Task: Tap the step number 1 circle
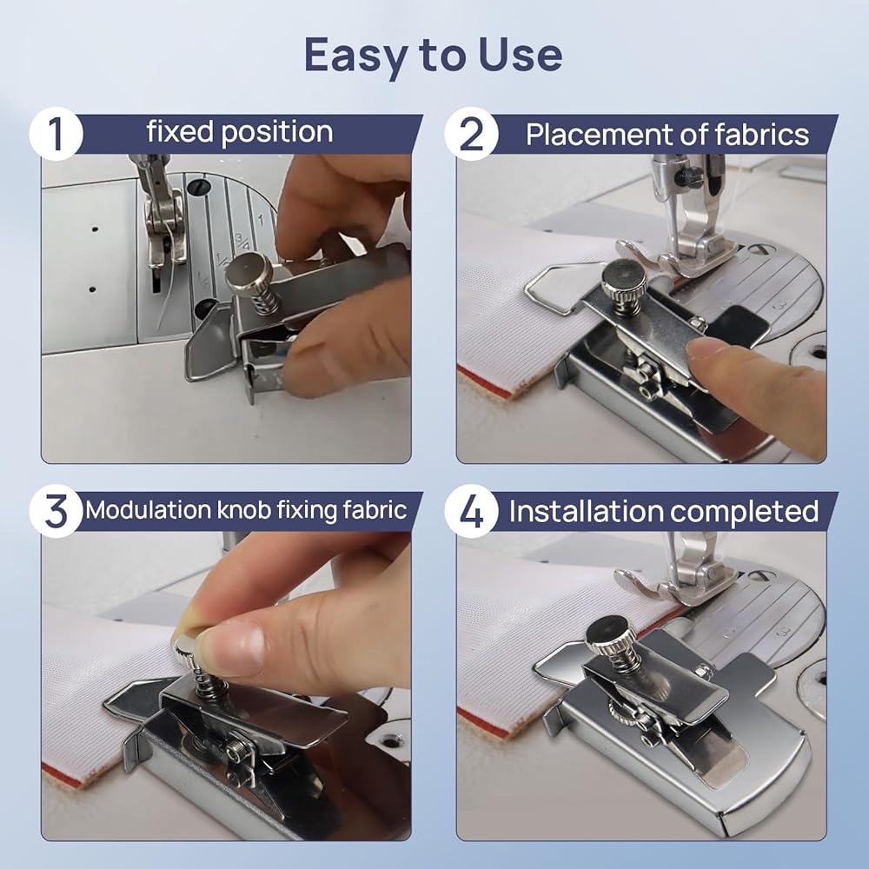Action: (x=56, y=134)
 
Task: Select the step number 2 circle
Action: (x=471, y=134)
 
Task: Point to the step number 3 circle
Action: (x=56, y=511)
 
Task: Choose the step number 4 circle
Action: (x=471, y=511)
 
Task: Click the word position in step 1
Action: (x=277, y=133)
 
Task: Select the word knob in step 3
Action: (x=242, y=510)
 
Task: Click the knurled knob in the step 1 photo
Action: (x=249, y=272)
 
